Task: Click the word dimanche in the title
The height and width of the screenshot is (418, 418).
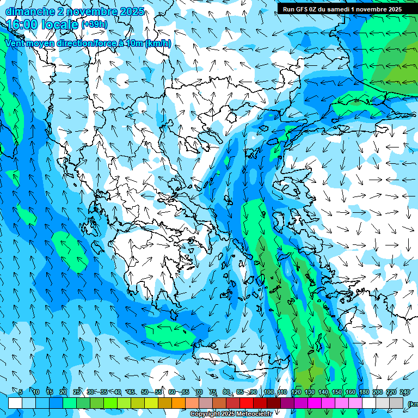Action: (x=28, y=11)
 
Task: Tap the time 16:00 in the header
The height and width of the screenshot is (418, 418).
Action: (x=22, y=24)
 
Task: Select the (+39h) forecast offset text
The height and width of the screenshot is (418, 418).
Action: (x=94, y=24)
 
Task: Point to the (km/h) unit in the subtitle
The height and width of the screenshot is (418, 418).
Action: (x=158, y=44)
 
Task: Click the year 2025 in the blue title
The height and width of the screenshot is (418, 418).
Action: (x=131, y=11)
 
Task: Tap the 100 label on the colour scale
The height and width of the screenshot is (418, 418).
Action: (x=268, y=392)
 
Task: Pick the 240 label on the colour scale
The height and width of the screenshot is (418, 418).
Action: (x=404, y=392)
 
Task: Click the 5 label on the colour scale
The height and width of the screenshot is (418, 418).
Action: (x=21, y=392)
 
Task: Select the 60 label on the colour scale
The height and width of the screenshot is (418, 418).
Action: (x=172, y=392)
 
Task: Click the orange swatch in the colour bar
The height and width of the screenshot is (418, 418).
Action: (x=179, y=403)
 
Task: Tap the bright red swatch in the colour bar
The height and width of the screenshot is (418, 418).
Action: (x=247, y=403)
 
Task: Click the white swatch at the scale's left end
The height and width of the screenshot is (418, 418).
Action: (x=15, y=403)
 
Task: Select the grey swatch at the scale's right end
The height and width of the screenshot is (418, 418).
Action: (x=396, y=403)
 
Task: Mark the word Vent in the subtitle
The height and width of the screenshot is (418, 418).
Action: (x=16, y=44)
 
